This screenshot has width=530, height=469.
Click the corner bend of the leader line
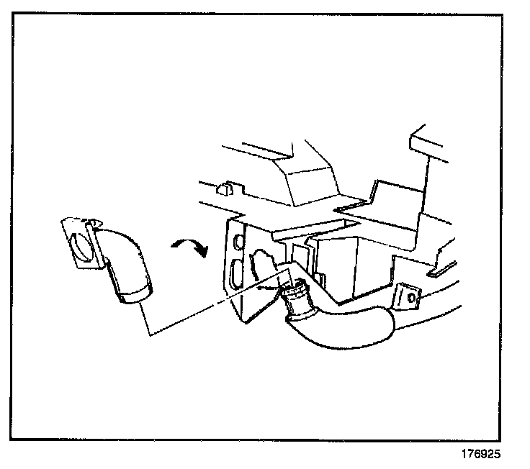tap(148, 334)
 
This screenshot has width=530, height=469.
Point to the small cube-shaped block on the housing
tap(225, 189)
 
